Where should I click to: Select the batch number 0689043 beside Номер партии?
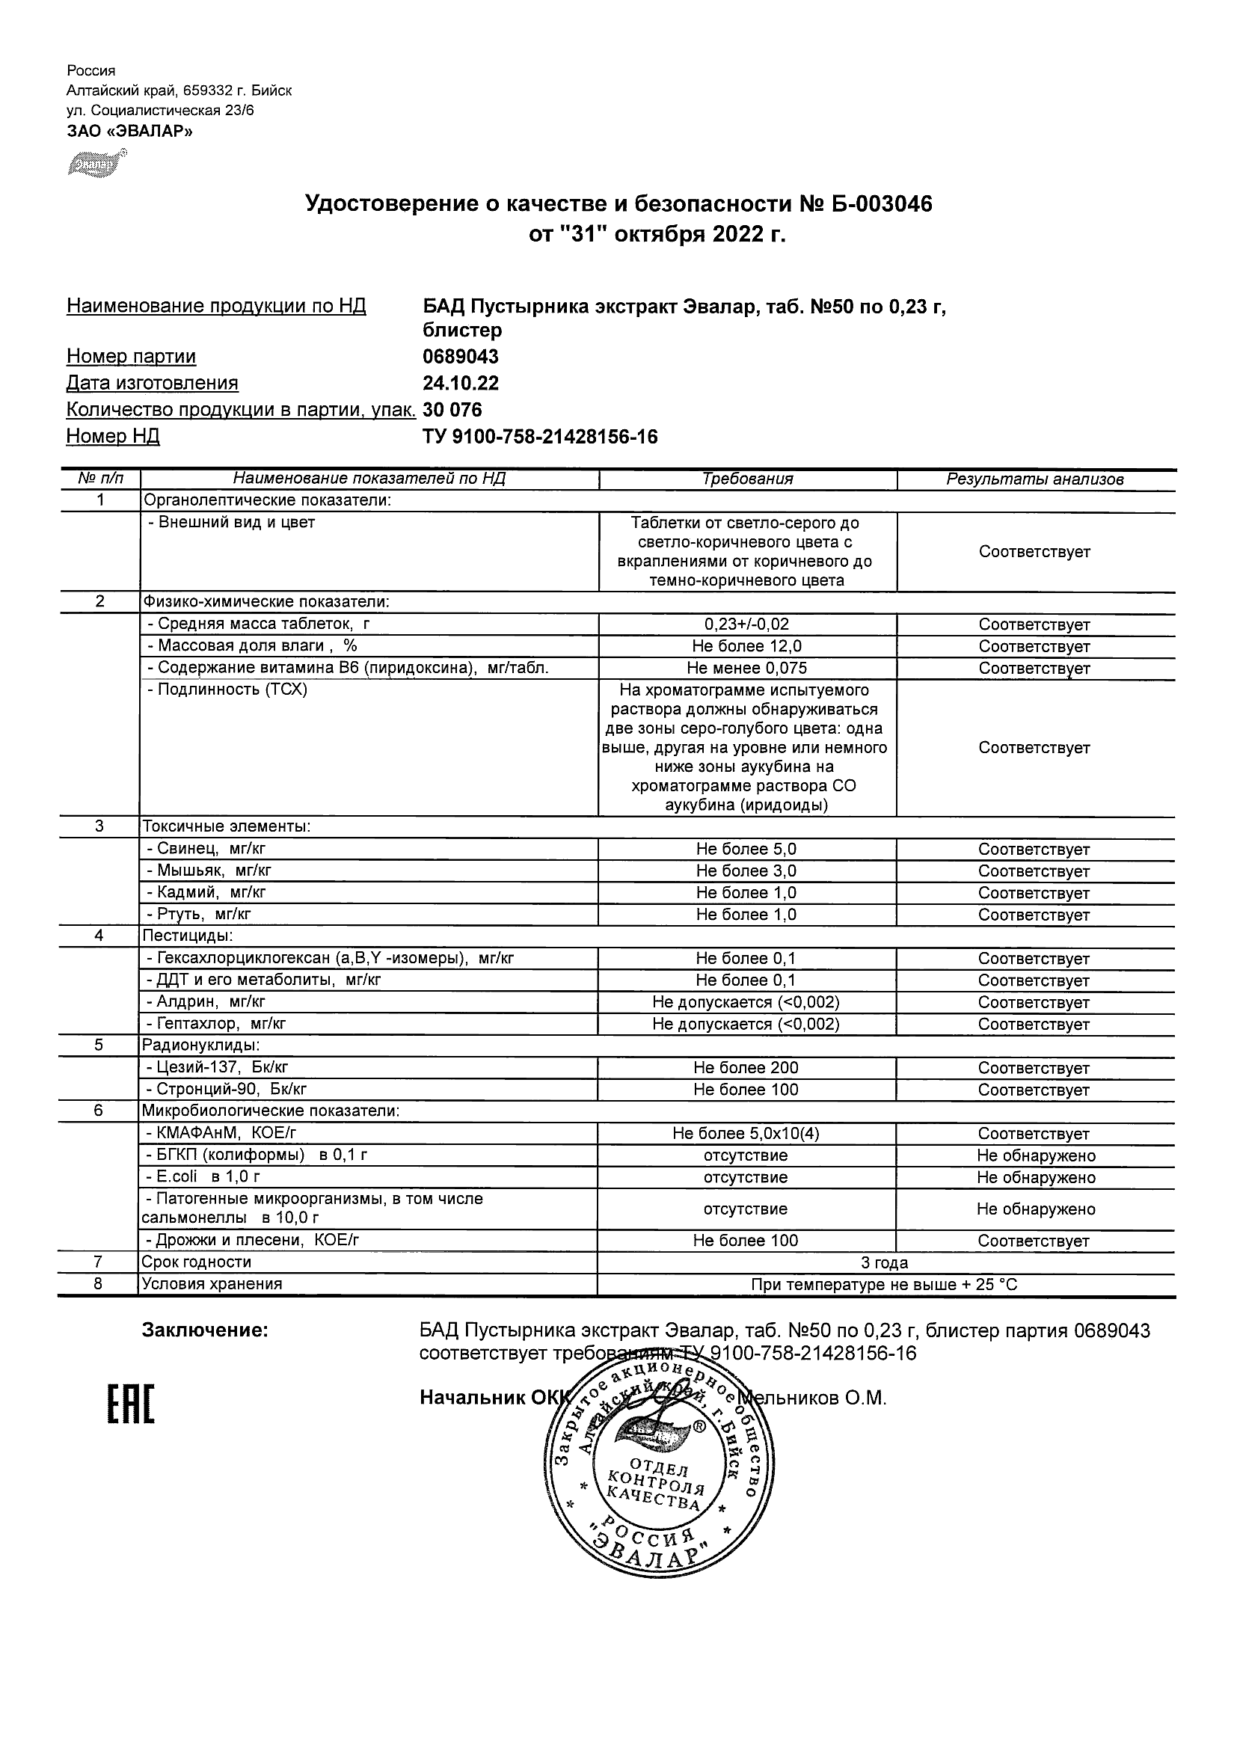point(461,356)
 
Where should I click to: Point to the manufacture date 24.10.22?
point(461,383)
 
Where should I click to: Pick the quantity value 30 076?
point(452,409)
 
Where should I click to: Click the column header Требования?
point(747,479)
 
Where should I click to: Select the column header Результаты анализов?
point(1034,479)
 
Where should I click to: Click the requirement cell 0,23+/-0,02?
point(747,624)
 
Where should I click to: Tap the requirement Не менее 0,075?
point(747,669)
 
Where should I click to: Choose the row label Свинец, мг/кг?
point(206,848)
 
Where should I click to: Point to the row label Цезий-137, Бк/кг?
point(217,1067)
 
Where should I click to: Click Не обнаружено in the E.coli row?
point(1036,1178)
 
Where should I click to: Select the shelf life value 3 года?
point(884,1263)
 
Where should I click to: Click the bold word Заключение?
point(205,1330)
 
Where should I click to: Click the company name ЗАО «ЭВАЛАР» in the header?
point(129,131)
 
